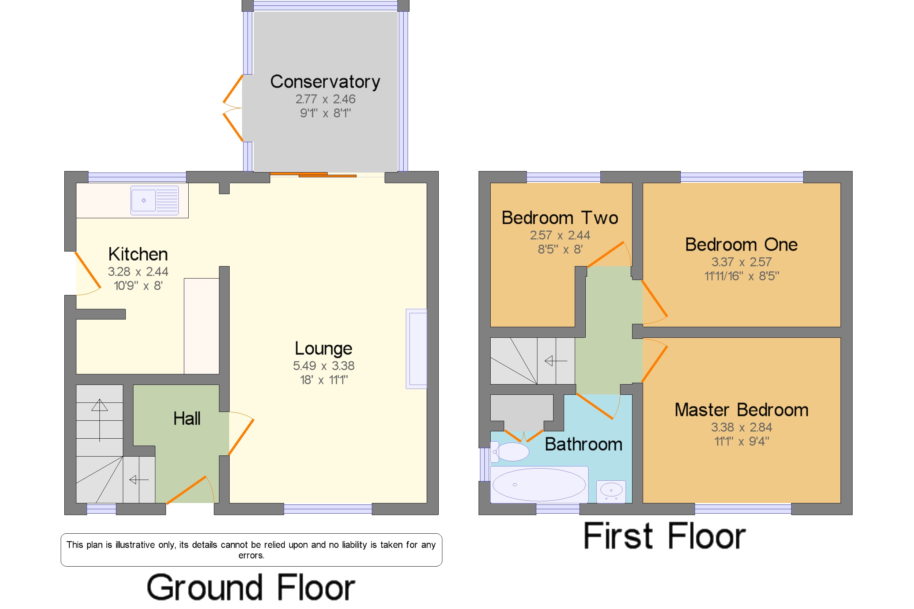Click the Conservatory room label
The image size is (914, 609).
coord(325,82)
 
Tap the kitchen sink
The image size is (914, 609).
coord(155,200)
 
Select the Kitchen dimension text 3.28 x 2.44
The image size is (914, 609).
coord(138,272)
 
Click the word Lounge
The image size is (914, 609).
coord(323,348)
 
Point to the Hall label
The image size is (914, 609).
coord(187,419)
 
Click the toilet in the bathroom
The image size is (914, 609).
coord(510,452)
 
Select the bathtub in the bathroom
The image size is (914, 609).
coord(539,485)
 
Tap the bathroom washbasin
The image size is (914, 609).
coord(611,491)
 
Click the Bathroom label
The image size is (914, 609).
coord(583,445)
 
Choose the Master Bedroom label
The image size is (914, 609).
coord(741,410)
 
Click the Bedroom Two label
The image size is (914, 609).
coord(560,218)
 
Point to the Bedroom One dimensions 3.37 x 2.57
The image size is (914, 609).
coord(741,262)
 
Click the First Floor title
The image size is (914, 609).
coord(664,536)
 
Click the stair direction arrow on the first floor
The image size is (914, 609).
coord(556,361)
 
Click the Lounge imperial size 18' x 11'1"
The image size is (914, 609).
coord(324,380)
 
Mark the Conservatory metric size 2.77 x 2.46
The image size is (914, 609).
coord(325,99)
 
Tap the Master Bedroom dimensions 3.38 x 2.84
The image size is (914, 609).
coord(741,428)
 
